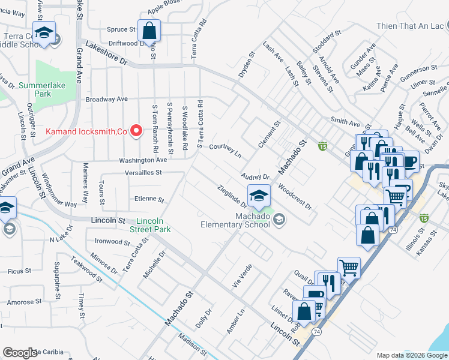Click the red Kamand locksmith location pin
click(x=136, y=130)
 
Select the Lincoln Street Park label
click(x=150, y=225)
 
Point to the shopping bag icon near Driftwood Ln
click(x=148, y=30)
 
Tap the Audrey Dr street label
click(x=255, y=177)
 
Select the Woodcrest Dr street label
click(x=295, y=196)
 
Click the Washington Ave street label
click(x=143, y=160)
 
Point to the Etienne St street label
click(x=149, y=199)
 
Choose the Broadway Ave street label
click(x=107, y=98)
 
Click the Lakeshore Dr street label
click(x=107, y=52)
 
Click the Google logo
click(x=20, y=353)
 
